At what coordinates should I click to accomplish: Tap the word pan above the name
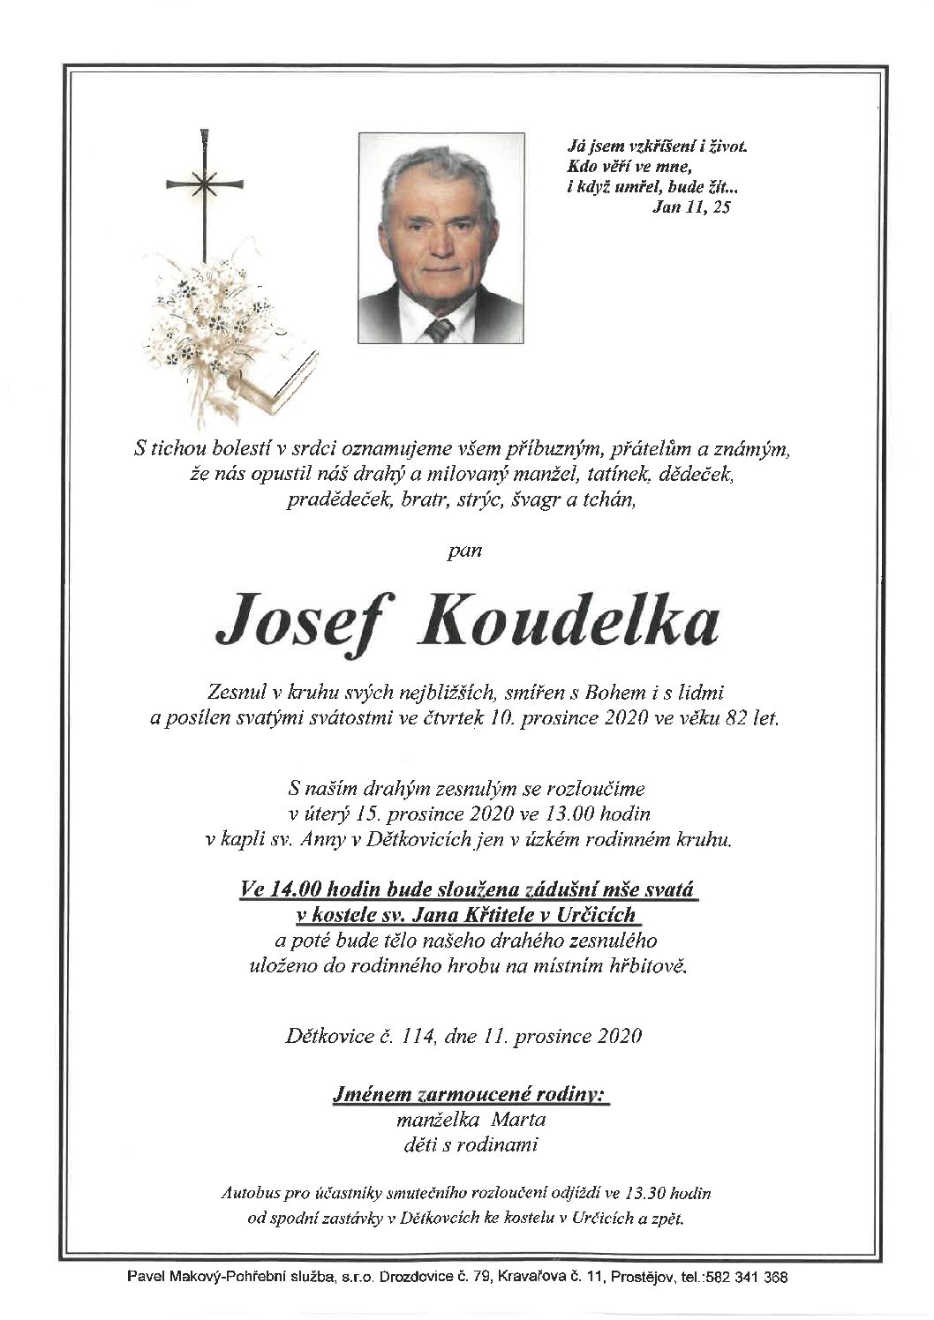click(466, 553)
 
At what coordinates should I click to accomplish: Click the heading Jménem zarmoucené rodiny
click(469, 1096)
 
